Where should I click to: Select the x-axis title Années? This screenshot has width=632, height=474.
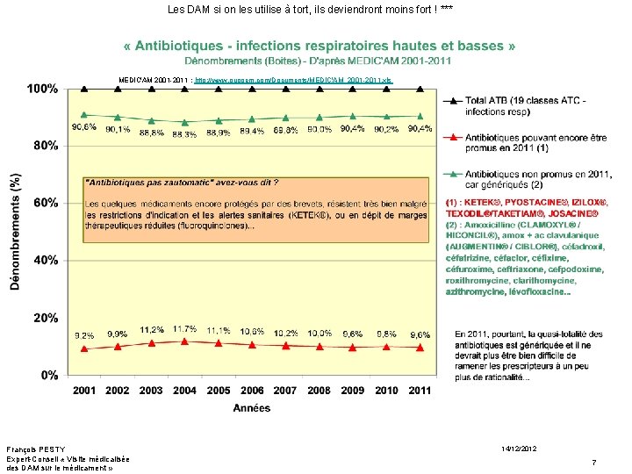252,407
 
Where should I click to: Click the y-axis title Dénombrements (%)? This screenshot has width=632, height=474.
15,230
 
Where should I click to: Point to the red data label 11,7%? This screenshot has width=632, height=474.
185,328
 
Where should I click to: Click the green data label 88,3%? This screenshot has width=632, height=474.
184,133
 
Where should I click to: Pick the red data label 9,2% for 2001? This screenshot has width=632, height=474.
84,335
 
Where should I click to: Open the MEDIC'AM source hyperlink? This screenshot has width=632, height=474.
293,80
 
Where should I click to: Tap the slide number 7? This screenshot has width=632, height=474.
594,462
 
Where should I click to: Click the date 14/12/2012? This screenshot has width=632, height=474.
519,449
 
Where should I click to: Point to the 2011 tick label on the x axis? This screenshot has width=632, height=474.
420,390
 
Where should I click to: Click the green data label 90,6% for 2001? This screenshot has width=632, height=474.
84,127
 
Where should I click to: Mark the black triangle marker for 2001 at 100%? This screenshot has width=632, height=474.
84,89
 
